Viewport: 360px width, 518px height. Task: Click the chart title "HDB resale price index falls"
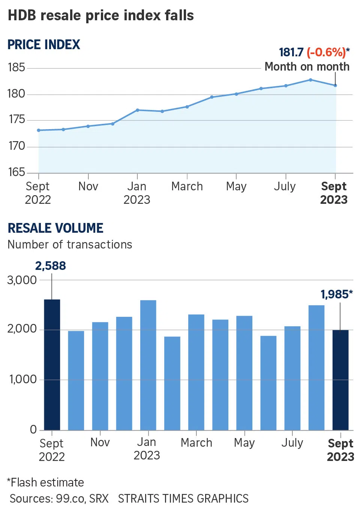100,15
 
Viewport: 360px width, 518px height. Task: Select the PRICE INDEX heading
44,45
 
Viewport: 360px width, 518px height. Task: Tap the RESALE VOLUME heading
55,228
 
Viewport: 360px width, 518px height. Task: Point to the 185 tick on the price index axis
16,68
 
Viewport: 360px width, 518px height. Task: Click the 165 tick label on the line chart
16,172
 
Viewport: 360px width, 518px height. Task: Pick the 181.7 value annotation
291,52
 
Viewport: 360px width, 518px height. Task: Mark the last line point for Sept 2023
335,86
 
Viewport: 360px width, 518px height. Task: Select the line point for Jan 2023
137,110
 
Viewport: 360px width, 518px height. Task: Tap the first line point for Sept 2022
39,130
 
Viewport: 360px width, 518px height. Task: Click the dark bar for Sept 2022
52,364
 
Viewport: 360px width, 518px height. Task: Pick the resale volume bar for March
196,372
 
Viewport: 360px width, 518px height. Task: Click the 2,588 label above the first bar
51,266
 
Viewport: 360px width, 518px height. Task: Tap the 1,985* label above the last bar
336,295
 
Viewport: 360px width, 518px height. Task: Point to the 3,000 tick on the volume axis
22,280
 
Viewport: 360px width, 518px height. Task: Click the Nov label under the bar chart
100,443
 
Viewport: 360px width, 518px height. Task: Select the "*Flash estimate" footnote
45,482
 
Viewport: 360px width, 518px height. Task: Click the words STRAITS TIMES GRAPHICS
183,498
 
